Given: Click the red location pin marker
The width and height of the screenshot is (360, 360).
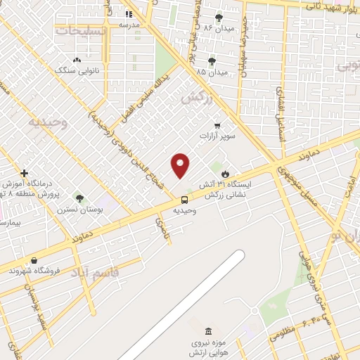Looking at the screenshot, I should (x=181, y=165).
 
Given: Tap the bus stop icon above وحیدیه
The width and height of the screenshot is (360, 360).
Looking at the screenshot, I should (x=184, y=199).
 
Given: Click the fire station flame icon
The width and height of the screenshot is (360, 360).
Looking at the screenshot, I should (x=225, y=174).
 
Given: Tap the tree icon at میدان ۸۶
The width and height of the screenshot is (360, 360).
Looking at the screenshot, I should (x=219, y=18).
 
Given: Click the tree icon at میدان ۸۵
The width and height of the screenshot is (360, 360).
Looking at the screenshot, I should (x=212, y=62).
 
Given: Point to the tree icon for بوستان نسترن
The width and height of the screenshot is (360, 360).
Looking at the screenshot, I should (x=79, y=199).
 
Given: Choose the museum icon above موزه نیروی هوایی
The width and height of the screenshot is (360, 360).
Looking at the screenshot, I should (x=207, y=331).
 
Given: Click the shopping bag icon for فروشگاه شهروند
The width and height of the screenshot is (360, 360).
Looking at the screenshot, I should (x=34, y=260).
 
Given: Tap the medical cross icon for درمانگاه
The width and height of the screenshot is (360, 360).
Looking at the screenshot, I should (x=24, y=172).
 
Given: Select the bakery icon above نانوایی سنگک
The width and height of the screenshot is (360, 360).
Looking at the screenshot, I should (x=77, y=60).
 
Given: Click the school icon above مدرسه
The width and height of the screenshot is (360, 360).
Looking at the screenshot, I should (x=128, y=14).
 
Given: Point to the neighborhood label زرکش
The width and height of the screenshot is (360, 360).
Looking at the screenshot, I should (x=196, y=98).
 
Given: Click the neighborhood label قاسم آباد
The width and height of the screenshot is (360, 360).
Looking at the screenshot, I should (x=98, y=271).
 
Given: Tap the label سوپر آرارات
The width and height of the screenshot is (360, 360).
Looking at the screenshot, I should (x=217, y=136).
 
